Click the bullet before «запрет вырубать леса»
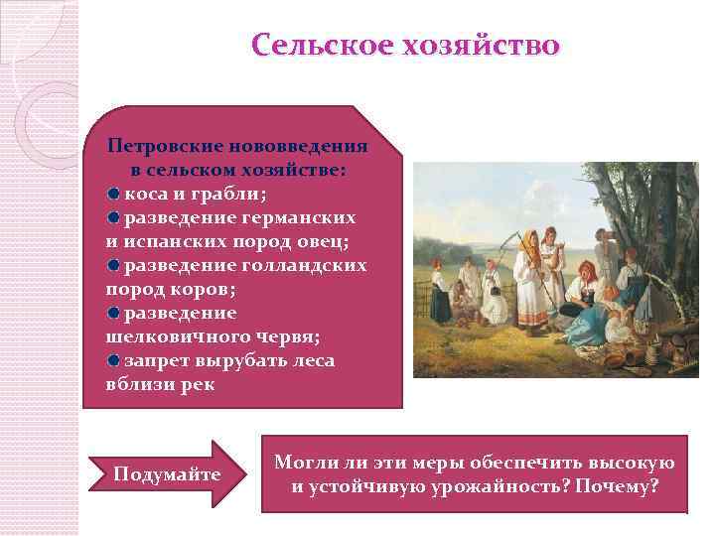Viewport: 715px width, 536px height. [115, 361]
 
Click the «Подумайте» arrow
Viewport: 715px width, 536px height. [167, 473]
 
